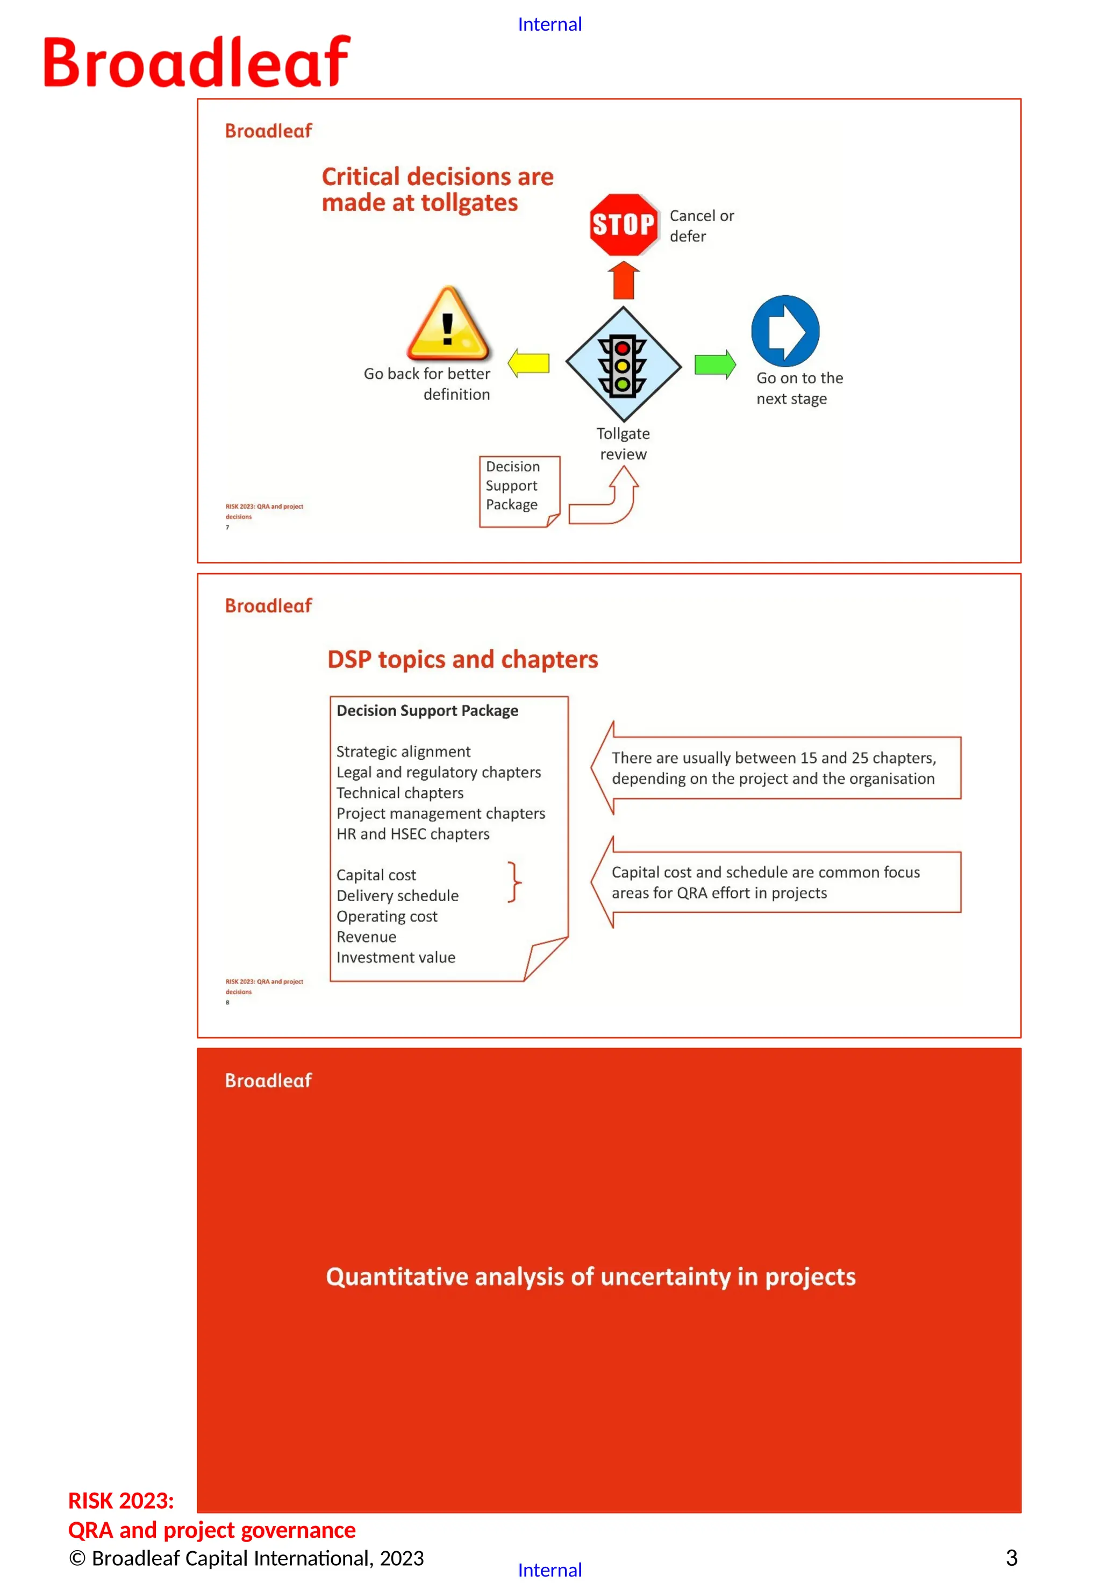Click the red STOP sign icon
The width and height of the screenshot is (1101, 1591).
623,224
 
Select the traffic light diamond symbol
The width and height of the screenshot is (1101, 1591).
623,365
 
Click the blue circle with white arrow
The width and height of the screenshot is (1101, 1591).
785,331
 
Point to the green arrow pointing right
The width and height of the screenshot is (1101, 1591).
714,365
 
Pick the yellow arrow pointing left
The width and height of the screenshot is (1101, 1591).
528,363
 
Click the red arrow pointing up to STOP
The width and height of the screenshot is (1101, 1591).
624,280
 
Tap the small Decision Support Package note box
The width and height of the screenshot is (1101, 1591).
518,491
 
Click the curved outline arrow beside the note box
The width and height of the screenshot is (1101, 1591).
607,498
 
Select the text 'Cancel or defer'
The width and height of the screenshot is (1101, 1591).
701,226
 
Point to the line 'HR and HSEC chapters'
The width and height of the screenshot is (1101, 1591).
412,834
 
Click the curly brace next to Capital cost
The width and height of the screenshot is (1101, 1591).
514,882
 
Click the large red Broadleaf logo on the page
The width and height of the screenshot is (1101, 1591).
197,62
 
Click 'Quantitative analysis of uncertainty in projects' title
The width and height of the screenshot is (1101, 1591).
590,1276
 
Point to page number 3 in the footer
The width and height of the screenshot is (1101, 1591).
1011,1558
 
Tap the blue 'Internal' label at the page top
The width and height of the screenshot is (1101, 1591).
550,25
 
